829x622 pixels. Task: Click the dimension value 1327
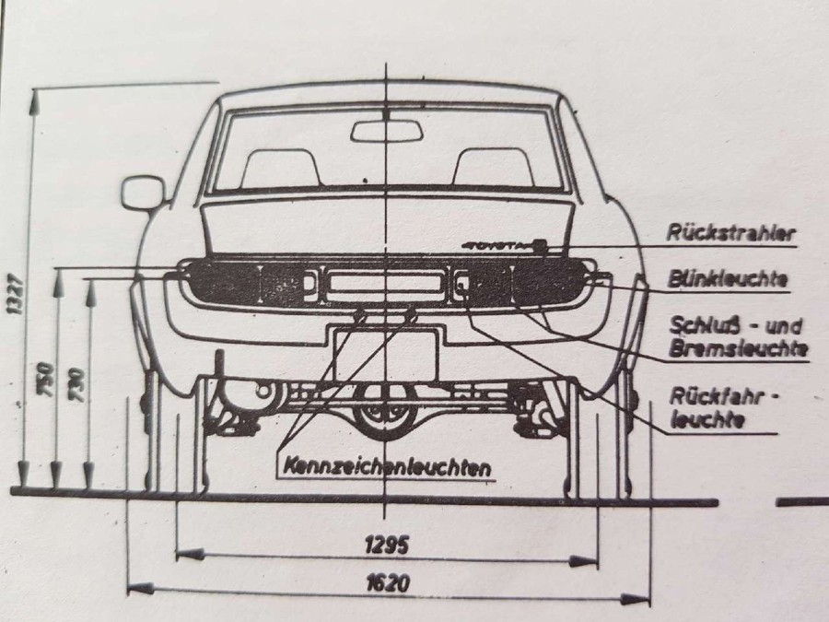16,294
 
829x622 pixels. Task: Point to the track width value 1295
387,545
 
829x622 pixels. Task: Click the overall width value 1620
388,583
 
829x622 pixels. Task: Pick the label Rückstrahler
731,233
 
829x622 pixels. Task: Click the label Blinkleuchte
728,278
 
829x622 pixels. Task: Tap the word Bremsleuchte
738,348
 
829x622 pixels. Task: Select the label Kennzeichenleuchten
388,467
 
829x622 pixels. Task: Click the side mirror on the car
143,193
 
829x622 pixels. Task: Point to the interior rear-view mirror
388,131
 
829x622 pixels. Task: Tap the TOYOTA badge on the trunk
502,245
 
